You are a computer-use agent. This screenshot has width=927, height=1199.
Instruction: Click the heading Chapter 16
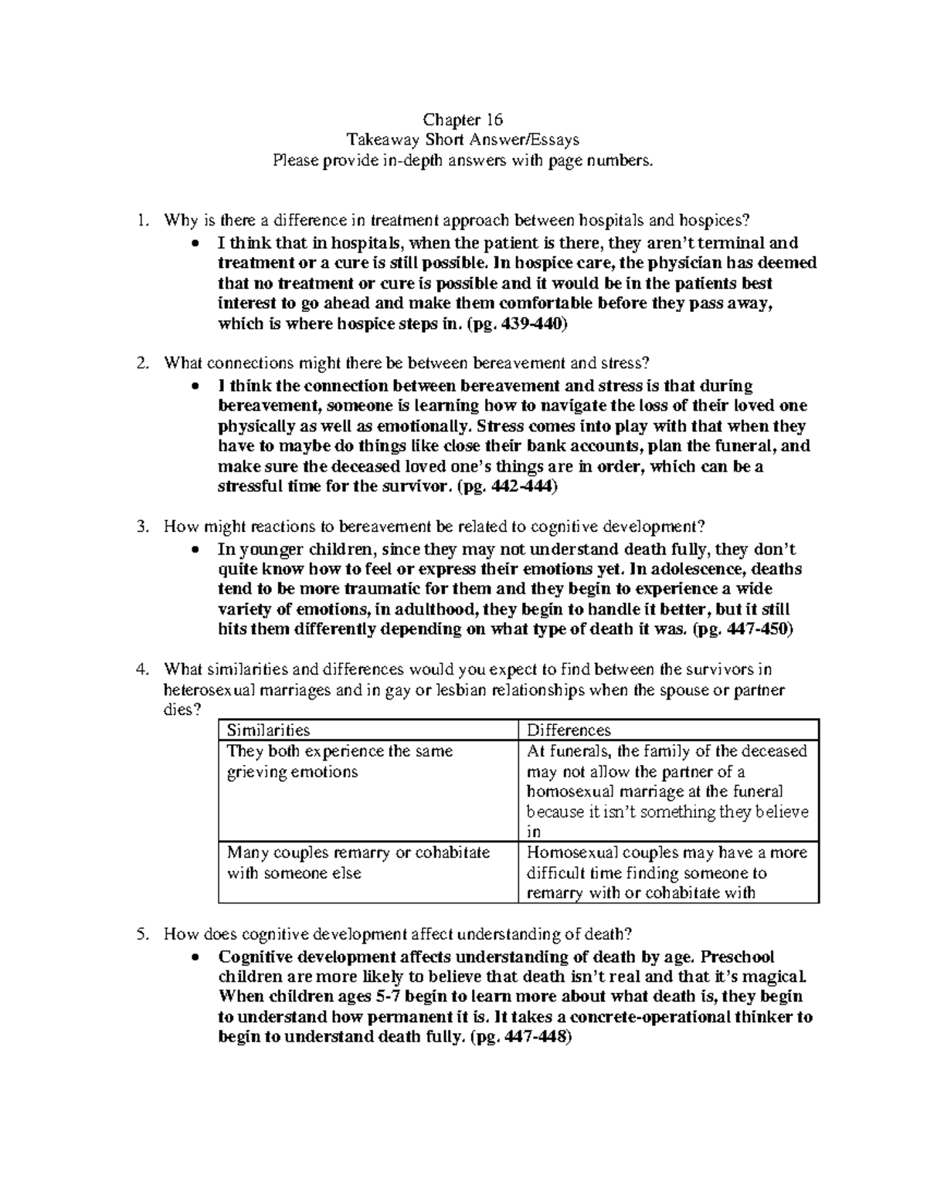[463, 120]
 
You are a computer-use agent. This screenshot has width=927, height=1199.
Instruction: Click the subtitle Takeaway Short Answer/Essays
[463, 140]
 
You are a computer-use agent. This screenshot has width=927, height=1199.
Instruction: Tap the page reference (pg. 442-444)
[506, 487]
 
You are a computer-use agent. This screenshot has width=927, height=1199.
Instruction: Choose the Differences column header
[569, 730]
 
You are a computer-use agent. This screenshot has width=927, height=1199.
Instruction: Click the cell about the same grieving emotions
[340, 761]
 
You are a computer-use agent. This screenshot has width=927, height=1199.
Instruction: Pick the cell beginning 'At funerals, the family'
[667, 791]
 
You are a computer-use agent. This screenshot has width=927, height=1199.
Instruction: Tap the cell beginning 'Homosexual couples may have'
[667, 873]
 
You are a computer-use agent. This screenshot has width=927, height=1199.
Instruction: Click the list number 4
[140, 669]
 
